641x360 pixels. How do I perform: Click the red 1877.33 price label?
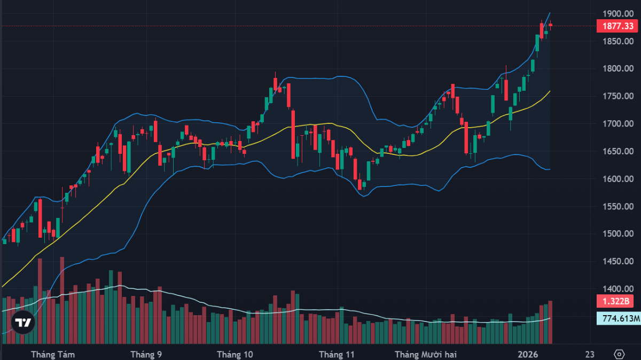[x=618, y=26]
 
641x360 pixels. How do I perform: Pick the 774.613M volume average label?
[x=619, y=319]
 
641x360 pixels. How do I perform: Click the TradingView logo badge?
[x=23, y=322]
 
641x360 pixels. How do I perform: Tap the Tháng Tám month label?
[x=53, y=354]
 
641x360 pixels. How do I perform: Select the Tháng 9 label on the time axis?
[x=146, y=354]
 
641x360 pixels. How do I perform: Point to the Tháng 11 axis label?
[x=337, y=354]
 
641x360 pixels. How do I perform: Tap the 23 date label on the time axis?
[x=590, y=354]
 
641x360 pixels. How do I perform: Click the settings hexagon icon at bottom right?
[x=619, y=354]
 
